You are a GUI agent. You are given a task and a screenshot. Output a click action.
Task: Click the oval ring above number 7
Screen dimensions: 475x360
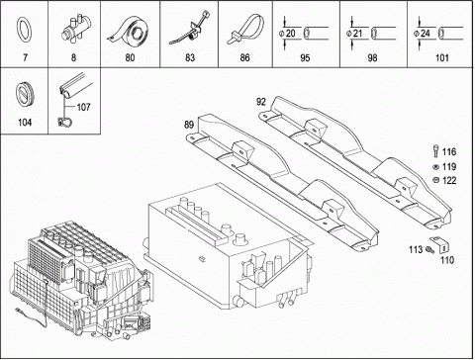click(x=18, y=30)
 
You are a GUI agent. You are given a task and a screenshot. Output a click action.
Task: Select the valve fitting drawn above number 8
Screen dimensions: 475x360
click(x=76, y=30)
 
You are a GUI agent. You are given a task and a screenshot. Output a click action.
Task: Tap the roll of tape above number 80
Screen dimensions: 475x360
click(x=130, y=31)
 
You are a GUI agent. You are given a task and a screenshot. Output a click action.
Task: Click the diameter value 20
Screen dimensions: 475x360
click(x=291, y=34)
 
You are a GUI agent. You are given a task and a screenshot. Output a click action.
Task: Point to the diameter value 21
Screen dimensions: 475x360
click(x=358, y=34)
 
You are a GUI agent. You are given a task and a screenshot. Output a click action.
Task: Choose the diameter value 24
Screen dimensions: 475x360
click(x=426, y=34)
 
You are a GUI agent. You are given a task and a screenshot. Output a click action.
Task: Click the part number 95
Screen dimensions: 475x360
click(x=305, y=58)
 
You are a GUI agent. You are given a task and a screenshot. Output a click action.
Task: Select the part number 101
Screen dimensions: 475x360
click(x=442, y=58)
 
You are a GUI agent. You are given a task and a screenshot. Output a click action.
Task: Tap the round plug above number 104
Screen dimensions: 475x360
click(x=25, y=95)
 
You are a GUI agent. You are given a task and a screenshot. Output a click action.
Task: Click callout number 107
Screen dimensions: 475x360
click(x=83, y=107)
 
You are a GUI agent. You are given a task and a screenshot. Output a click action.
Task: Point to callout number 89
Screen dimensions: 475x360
click(x=189, y=125)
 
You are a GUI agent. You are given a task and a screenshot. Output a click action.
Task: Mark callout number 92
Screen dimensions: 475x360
click(x=261, y=102)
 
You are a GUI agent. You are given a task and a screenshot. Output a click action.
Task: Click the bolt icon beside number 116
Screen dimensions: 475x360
click(x=435, y=151)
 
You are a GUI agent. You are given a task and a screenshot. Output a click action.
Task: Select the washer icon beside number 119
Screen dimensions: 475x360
click(x=435, y=167)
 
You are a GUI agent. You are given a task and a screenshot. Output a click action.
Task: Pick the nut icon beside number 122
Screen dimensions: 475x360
click(x=435, y=180)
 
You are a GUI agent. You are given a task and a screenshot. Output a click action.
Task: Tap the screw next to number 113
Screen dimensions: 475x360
click(x=428, y=250)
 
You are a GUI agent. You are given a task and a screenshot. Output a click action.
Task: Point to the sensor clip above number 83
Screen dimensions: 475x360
click(x=191, y=29)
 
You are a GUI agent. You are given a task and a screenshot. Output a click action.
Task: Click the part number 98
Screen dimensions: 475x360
click(x=372, y=58)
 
